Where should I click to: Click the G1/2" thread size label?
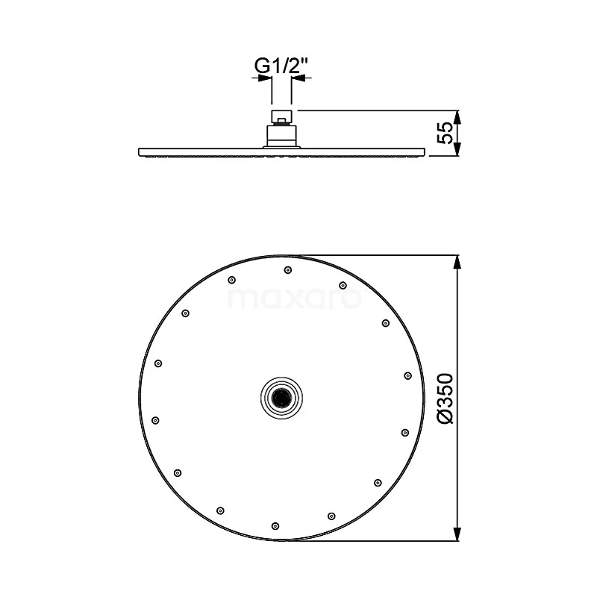(281, 66)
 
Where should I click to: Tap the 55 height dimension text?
(445, 133)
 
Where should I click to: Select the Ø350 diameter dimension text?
(446, 398)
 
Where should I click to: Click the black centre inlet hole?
(282, 398)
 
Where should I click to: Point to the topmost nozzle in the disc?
(288, 270)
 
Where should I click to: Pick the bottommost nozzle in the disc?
(275, 526)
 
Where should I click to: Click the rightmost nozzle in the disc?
(407, 376)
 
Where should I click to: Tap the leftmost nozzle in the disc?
(155, 420)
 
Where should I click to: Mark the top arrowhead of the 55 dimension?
(458, 117)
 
